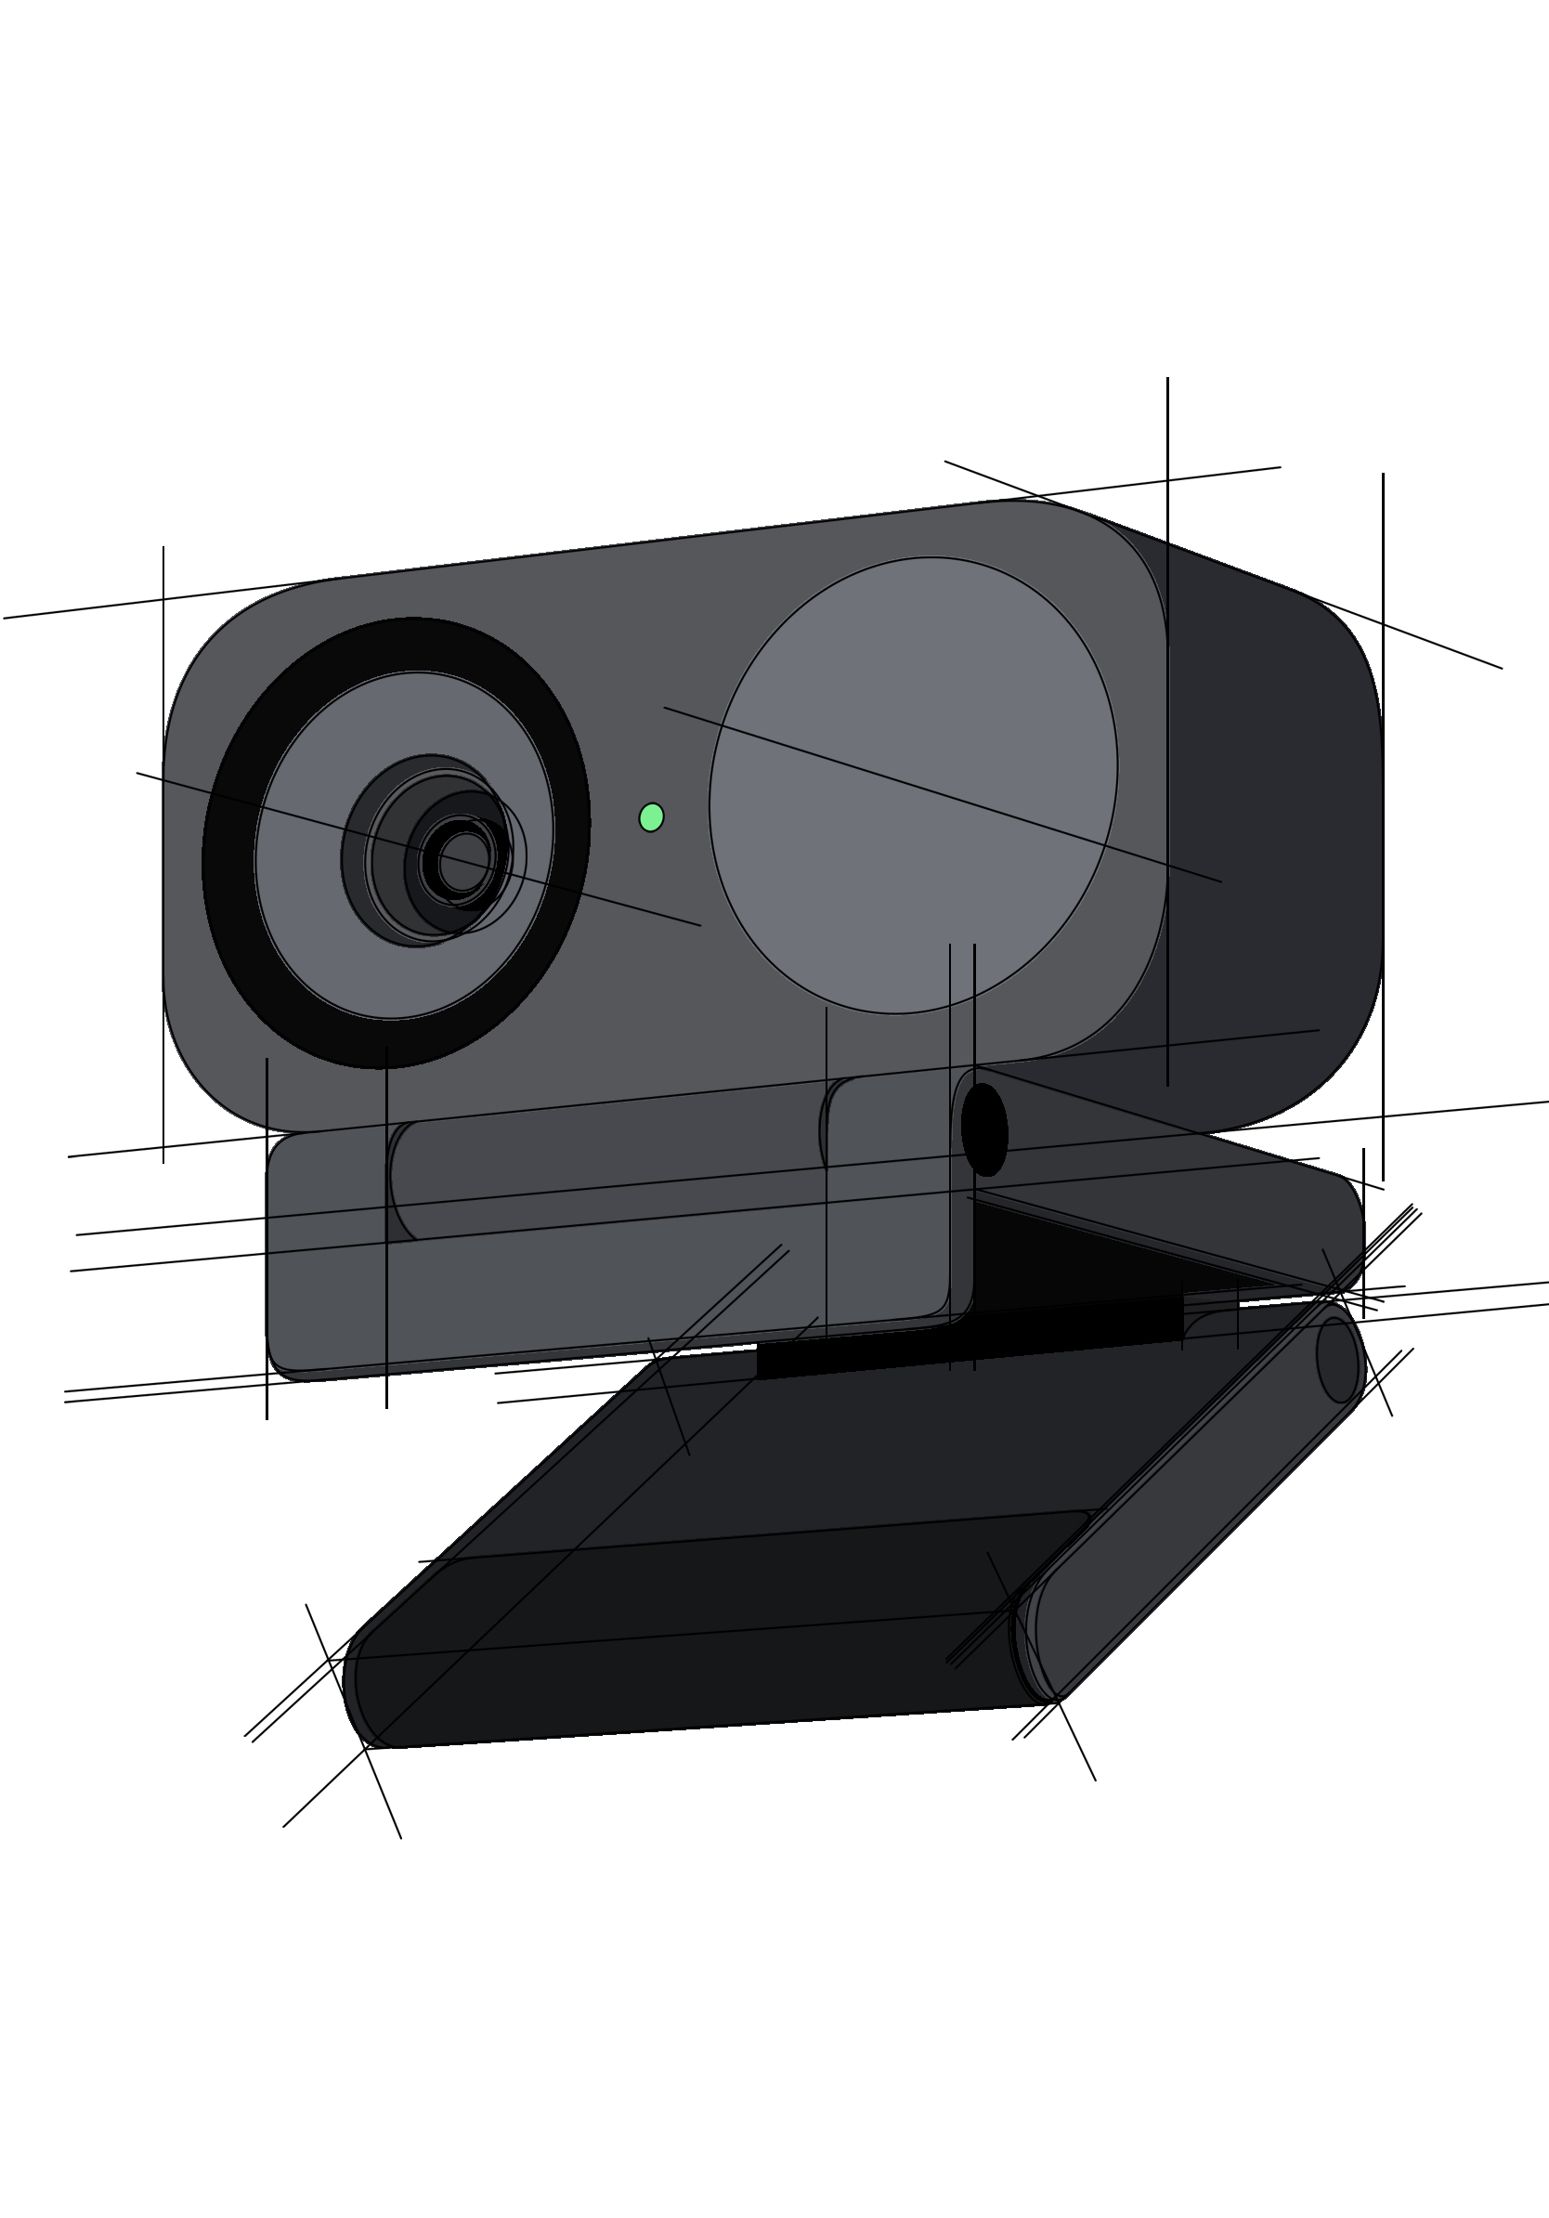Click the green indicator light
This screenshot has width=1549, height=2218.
(652, 817)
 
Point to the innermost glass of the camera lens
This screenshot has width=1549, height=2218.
(464, 862)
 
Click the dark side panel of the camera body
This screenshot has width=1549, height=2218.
(1275, 821)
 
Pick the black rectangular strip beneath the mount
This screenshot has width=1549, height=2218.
(966, 1337)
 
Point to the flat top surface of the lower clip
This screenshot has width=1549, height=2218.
(869, 1449)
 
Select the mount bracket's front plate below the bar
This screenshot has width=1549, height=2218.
(579, 1304)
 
